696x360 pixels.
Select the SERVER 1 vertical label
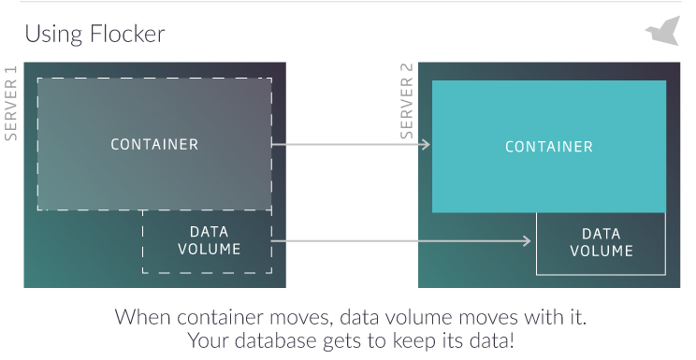[x=11, y=104]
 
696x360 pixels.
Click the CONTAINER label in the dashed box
[x=154, y=144]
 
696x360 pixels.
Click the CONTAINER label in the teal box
[x=548, y=147]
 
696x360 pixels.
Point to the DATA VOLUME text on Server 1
[x=209, y=240]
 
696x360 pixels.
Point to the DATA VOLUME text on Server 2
[x=601, y=242]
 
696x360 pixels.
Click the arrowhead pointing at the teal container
[x=426, y=144]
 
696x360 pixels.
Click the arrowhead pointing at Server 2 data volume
[x=528, y=241]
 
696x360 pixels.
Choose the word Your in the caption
[x=208, y=341]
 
